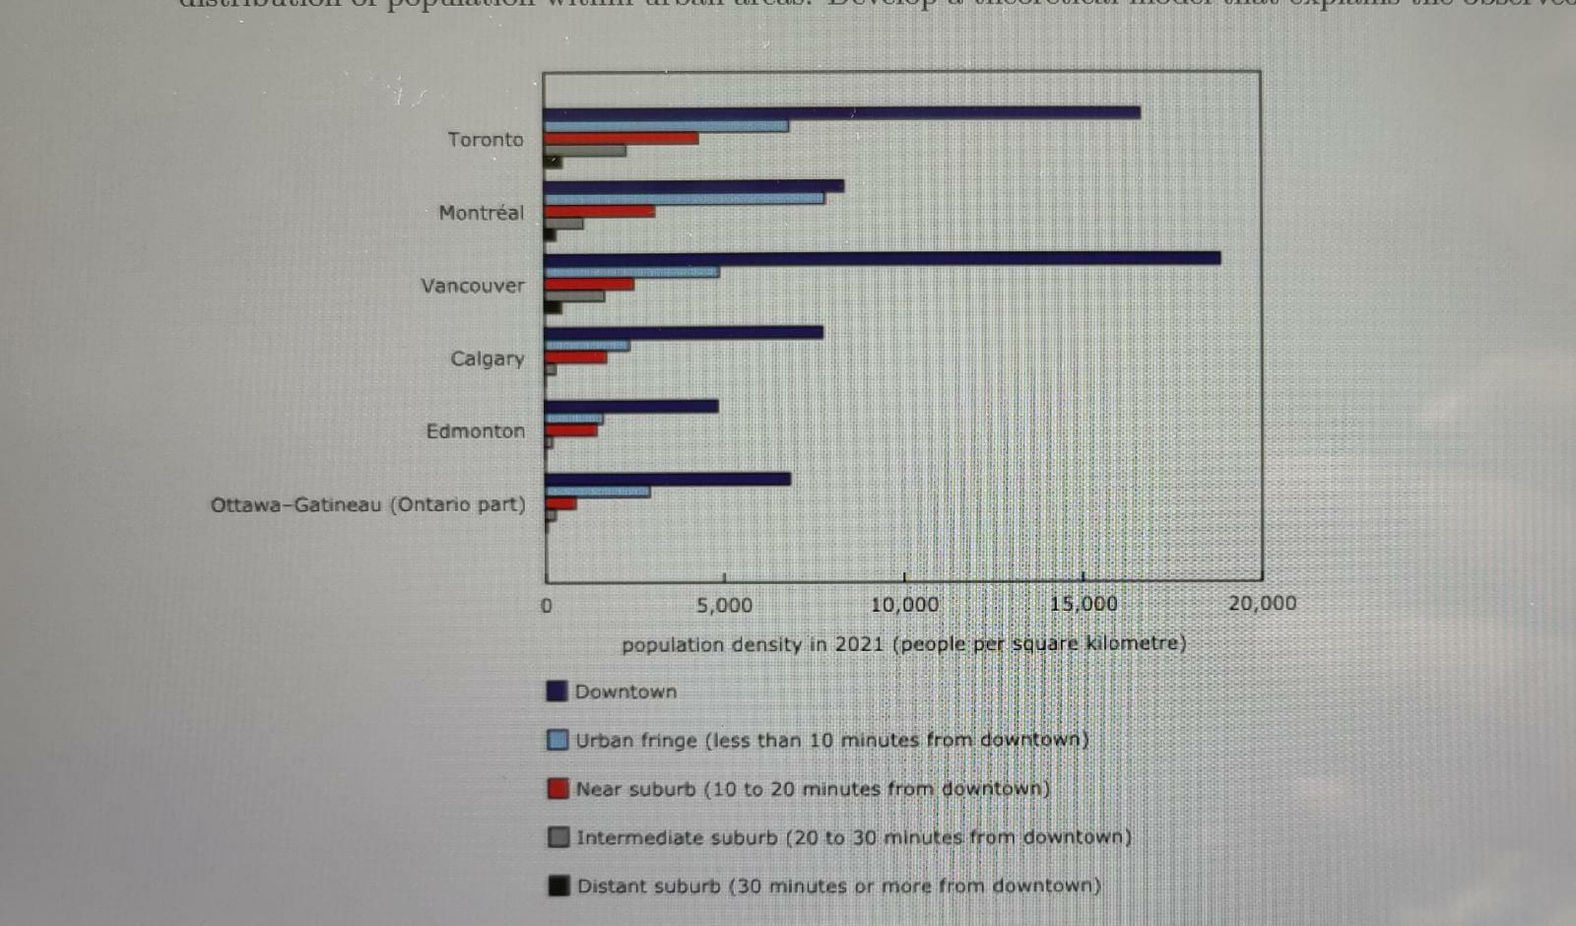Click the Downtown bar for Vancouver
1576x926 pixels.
coord(882,258)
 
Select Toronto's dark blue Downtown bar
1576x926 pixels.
coord(842,113)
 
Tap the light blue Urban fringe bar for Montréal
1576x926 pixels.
coord(685,198)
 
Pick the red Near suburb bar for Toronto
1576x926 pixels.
coord(622,139)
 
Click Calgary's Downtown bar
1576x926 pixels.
coord(684,333)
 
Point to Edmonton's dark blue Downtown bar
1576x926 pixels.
coord(631,406)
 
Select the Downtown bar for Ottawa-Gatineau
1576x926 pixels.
coord(668,479)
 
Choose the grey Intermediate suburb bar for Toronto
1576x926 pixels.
coord(585,151)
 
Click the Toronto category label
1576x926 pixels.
coord(486,140)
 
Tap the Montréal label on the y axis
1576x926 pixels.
coord(482,213)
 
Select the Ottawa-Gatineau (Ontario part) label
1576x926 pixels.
coord(367,504)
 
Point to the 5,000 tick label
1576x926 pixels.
coord(724,605)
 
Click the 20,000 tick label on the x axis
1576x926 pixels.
coord(1262,603)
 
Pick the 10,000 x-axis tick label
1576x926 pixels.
coord(904,604)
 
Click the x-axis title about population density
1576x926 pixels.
coord(903,644)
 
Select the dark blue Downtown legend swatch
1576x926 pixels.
coord(557,691)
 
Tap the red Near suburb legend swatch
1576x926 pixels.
coord(558,788)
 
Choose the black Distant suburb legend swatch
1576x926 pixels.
coord(558,886)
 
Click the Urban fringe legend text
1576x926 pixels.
coord(832,740)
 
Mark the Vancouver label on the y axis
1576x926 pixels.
coord(473,286)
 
